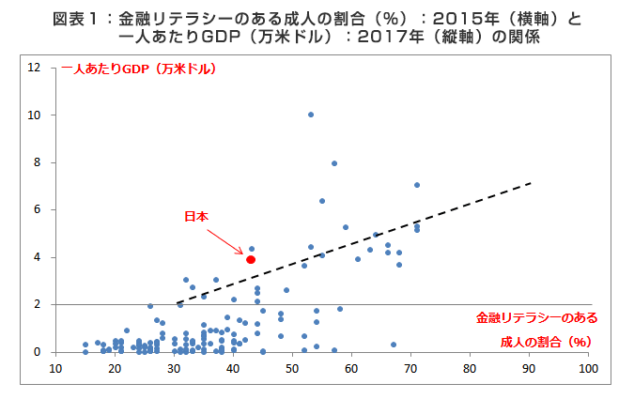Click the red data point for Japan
[251, 259]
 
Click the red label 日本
[195, 216]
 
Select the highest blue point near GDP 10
[311, 115]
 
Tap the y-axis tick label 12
[34, 68]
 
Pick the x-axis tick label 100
[588, 370]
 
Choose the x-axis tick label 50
[292, 370]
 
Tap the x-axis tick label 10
[55, 370]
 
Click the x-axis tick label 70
[410, 370]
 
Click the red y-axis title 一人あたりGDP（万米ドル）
[139, 69]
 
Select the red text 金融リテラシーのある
[536, 317]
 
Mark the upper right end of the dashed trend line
[533, 183]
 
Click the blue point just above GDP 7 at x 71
[417, 185]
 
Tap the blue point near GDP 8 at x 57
[334, 163]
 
